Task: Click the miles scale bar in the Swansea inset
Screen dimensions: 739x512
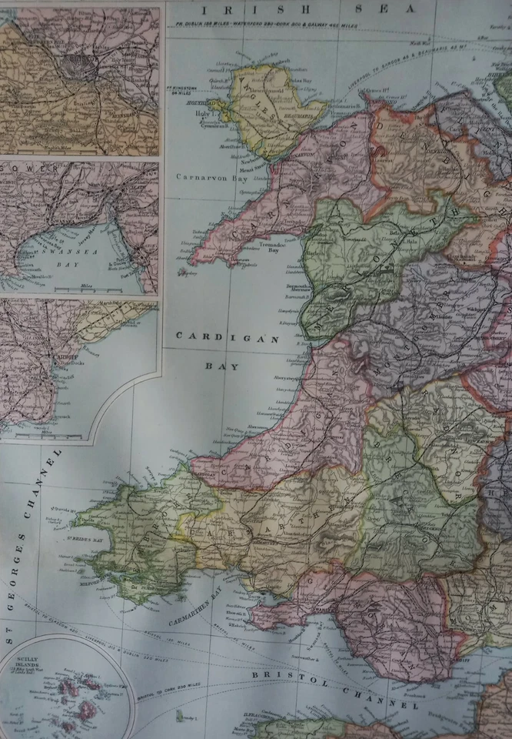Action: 92,289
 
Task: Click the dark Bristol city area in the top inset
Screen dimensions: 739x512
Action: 81,68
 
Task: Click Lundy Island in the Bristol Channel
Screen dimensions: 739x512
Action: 185,717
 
